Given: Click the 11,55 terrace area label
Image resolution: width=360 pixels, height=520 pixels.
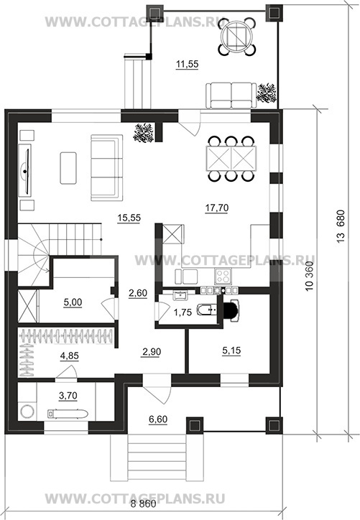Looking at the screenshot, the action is click(187, 64).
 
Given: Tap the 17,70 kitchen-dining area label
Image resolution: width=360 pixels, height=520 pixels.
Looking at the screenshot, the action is click(217, 208).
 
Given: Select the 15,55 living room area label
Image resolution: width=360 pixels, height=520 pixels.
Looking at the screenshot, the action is click(129, 218).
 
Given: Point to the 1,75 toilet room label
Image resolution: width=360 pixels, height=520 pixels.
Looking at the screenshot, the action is click(183, 312).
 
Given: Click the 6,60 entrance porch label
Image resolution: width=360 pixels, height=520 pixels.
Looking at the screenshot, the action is click(158, 419).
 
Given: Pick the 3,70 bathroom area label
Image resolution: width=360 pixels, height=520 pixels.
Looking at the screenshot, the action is click(68, 395).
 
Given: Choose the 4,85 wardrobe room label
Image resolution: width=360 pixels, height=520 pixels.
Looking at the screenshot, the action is click(70, 356).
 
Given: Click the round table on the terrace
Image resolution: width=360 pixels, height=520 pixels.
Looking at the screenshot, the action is click(237, 35).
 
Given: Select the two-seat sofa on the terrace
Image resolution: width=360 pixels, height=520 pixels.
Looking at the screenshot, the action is click(231, 96).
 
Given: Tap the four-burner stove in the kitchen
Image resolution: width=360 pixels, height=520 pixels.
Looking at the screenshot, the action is click(223, 277).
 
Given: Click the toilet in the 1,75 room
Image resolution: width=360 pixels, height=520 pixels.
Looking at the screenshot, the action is click(207, 310).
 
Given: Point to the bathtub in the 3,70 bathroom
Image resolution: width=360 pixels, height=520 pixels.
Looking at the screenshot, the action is click(68, 414).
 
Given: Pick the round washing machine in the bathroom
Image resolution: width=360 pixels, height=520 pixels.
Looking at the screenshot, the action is click(27, 412).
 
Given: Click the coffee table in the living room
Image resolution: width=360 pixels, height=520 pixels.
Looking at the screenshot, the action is click(68, 168).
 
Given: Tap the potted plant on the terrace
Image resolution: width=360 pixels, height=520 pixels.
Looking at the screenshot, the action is click(267, 93).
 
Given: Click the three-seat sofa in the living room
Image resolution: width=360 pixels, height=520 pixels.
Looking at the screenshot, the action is click(106, 167).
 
